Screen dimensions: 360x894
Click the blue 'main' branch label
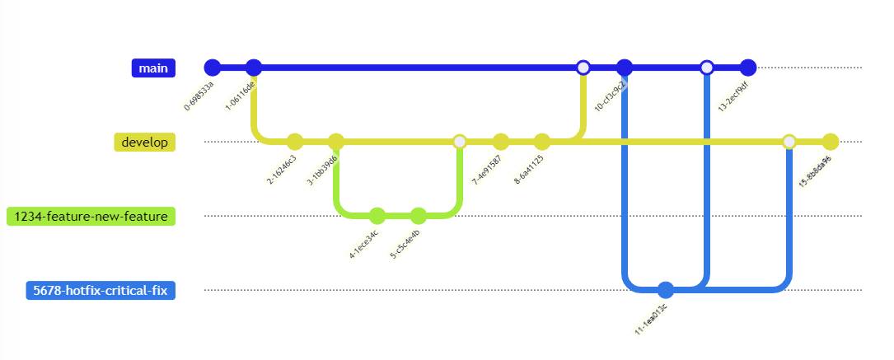pyautogui.click(x=154, y=68)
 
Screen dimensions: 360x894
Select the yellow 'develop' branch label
pyautogui.click(x=144, y=142)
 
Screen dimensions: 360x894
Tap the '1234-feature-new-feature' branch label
pyautogui.click(x=91, y=216)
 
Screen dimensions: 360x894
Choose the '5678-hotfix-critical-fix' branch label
pyautogui.click(x=101, y=290)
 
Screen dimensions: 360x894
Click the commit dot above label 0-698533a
pyautogui.click(x=213, y=68)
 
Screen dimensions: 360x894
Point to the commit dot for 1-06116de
pyautogui.click(x=254, y=68)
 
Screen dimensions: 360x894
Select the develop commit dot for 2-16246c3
pyautogui.click(x=295, y=142)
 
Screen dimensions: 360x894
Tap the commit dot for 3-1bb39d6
pyautogui.click(x=335, y=142)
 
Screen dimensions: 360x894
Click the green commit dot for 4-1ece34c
pyautogui.click(x=377, y=216)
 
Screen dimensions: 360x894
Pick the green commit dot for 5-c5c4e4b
pyautogui.click(x=418, y=216)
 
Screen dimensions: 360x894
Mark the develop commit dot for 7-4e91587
pyautogui.click(x=500, y=142)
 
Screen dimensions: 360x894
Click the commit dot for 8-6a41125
pyautogui.click(x=541, y=142)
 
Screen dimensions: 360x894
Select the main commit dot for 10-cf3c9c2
pyautogui.click(x=624, y=68)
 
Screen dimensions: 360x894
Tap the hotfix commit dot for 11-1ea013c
pyautogui.click(x=666, y=290)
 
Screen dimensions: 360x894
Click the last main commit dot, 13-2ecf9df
pyautogui.click(x=747, y=68)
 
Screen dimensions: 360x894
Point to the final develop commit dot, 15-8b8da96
pyautogui.click(x=830, y=142)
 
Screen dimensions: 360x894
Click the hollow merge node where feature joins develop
pyautogui.click(x=460, y=142)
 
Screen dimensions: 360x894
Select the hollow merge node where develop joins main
pyautogui.click(x=583, y=68)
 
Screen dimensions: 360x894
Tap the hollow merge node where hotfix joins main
pyautogui.click(x=706, y=68)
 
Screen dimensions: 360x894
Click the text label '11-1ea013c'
pyautogui.click(x=651, y=318)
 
